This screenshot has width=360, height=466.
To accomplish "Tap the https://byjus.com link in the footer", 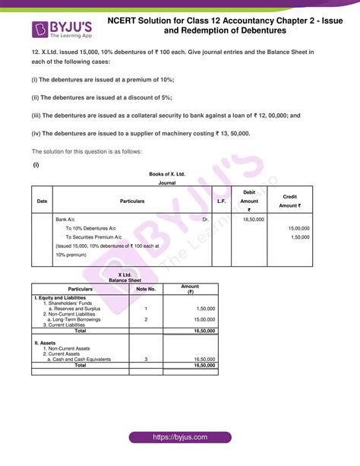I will (179, 439).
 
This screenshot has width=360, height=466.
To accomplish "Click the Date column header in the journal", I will (41, 201).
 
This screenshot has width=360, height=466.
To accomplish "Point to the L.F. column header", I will (221, 201).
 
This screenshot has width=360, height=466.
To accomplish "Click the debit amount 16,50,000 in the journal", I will (253, 219).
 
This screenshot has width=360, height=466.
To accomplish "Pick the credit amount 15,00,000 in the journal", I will (298, 228).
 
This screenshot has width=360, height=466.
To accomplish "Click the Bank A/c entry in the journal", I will (65, 219).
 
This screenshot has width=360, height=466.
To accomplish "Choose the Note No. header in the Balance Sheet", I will (146, 289).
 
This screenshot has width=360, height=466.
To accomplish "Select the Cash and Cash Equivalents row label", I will (79, 359).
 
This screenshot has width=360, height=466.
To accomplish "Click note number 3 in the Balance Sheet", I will (145, 359).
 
